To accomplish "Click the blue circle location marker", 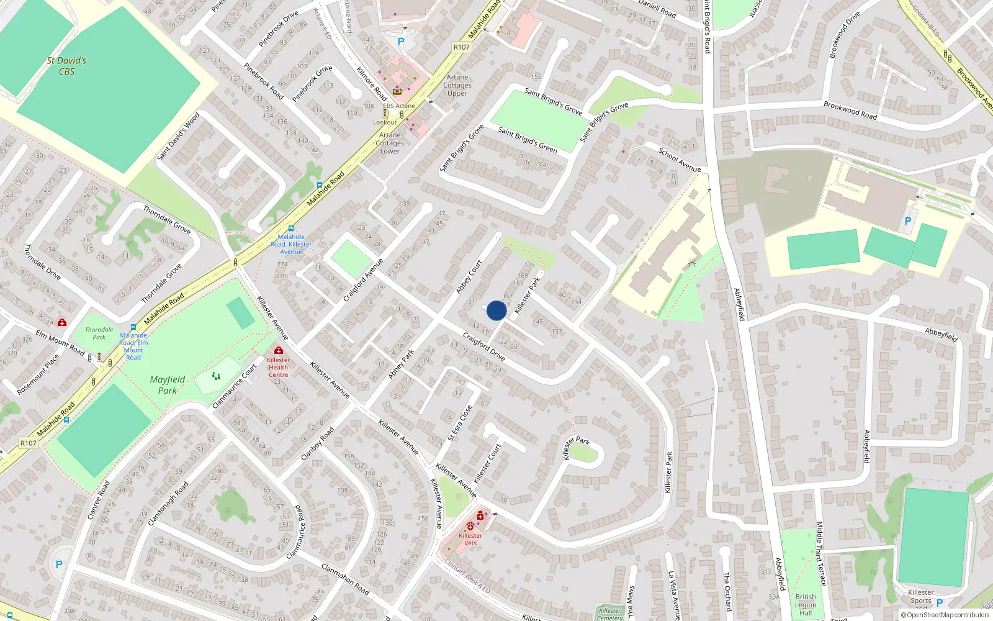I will pos(496,310).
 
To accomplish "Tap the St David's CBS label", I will pos(66,66).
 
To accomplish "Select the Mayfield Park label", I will pos(168,384).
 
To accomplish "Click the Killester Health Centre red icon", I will pos(278,351).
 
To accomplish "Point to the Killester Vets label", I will pos(470,539).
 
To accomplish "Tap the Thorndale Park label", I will pos(99,333).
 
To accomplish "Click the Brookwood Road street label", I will pos(850,111).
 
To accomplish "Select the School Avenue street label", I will pos(680,160).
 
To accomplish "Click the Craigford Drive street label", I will pos(484,347).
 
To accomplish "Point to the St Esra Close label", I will pos(461,423).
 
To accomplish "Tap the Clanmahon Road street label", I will pos(345,579).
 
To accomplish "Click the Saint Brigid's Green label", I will pos(528,140).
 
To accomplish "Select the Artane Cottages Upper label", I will pos(458,85).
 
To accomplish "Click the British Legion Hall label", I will pos(806,605).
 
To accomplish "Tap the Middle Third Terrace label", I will pos(821,553).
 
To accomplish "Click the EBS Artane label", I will pos(399,106).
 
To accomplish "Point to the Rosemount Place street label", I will pos(38,374).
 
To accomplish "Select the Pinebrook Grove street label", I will pos(312,83).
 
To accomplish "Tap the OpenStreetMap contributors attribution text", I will pos(945,615).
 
